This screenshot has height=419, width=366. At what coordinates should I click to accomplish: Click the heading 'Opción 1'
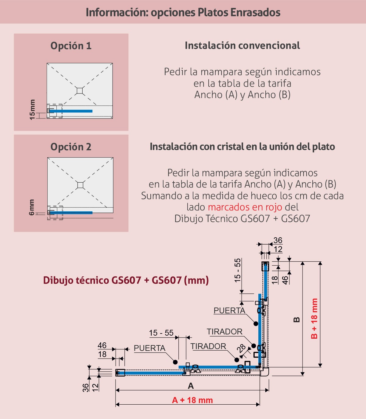71,46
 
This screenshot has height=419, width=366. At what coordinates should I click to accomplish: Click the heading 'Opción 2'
71,147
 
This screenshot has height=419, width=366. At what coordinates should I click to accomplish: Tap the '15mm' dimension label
32,110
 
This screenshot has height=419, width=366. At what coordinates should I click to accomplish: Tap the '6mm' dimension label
32,207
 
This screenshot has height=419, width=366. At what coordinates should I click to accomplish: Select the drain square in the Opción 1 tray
80,90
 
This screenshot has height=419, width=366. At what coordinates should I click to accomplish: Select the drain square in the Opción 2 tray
80,185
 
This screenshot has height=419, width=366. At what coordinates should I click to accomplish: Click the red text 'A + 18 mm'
192,400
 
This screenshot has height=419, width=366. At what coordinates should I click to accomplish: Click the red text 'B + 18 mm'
314,319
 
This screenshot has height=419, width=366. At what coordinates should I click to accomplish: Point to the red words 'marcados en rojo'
245,207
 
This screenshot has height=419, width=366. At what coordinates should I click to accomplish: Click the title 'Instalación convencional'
242,46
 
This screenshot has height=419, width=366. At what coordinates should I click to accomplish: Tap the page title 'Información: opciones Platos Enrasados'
183,12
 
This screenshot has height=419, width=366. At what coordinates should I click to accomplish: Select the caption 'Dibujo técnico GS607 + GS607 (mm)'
126,280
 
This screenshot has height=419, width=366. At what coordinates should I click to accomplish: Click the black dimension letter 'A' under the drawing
191,386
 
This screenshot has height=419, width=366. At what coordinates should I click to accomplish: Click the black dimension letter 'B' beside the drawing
297,320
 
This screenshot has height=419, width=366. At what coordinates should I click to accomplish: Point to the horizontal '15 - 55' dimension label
161,333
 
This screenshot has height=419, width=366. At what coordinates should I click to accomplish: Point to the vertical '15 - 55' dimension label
237,270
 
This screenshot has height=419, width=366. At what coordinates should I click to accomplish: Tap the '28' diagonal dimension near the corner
242,348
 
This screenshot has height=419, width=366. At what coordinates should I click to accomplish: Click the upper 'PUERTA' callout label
229,311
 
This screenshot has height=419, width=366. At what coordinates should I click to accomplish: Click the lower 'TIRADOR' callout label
208,346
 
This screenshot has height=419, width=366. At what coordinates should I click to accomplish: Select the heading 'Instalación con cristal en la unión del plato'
242,147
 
